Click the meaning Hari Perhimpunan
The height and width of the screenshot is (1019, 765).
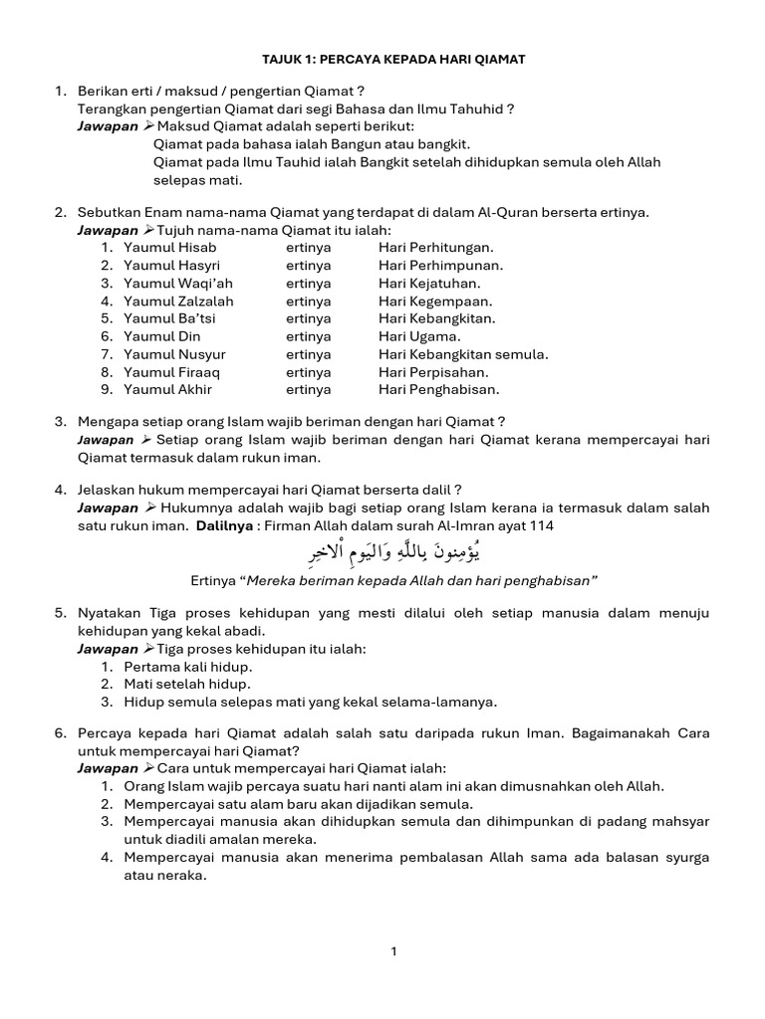tap(440, 266)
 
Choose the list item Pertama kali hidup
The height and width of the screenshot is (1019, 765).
tap(188, 666)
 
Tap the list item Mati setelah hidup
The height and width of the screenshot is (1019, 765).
tap(187, 684)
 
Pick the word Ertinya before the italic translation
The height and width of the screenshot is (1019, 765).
tap(215, 581)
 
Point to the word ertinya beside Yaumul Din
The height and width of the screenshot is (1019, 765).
tap(308, 337)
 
